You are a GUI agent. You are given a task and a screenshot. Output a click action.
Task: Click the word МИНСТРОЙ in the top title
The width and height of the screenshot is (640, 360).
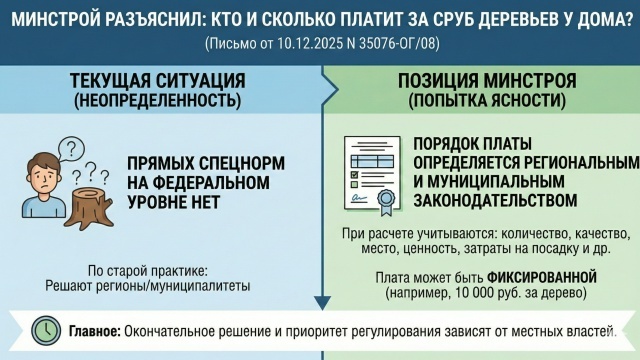tap(52, 20)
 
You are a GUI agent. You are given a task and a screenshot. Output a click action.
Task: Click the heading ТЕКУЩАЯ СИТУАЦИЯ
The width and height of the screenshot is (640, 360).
tap(158, 81)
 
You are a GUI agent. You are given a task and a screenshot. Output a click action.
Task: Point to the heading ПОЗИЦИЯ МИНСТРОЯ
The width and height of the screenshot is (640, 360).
tap(487, 81)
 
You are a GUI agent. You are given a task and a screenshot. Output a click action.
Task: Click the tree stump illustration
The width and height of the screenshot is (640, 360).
tap(89, 207)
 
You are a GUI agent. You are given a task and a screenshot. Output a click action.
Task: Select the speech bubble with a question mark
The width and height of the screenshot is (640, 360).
tap(71, 149)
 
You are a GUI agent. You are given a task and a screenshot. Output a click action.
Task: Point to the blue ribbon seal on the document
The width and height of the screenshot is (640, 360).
tap(386, 202)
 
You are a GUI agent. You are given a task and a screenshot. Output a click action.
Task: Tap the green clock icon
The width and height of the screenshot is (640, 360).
tap(46, 331)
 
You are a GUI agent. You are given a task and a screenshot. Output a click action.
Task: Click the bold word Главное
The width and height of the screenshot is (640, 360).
tap(95, 331)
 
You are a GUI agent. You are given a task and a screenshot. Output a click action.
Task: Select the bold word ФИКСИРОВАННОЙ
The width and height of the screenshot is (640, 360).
tap(542, 278)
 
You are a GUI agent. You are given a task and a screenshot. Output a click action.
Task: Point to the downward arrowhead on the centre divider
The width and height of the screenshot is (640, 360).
tap(322, 303)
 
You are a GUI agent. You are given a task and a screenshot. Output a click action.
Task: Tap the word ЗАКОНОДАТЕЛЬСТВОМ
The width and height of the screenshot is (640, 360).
tap(495, 201)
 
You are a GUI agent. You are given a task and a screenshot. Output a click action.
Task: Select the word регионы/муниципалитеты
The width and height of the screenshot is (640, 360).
tap(173, 286)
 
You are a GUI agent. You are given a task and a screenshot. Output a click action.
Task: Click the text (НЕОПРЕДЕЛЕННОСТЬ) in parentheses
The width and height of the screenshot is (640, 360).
tap(158, 100)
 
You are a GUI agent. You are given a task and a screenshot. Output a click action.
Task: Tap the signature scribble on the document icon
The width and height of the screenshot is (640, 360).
tap(359, 198)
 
